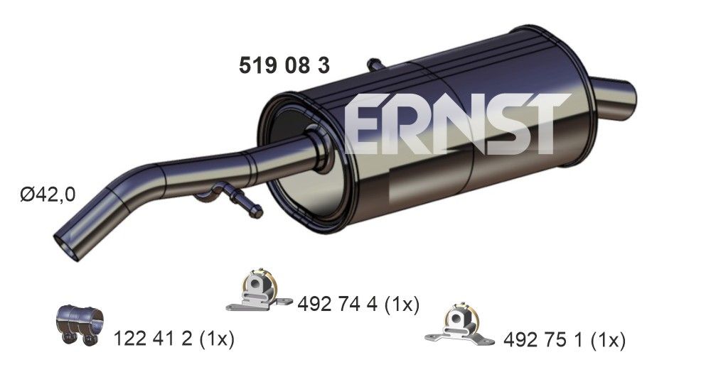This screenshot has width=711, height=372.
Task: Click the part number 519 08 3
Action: pyautogui.click(x=282, y=66)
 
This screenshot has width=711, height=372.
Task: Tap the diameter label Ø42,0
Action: pyautogui.click(x=47, y=194)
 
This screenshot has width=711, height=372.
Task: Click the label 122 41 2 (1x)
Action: pyautogui.click(x=173, y=339)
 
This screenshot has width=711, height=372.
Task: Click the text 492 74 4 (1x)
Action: pyautogui.click(x=360, y=305)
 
